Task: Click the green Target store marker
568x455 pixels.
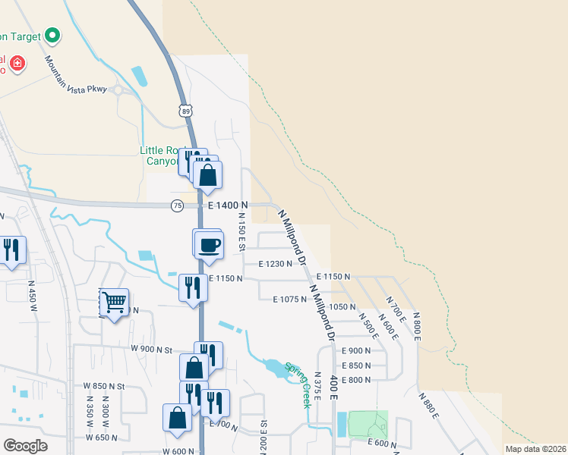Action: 52,35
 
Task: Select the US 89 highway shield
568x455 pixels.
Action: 186,111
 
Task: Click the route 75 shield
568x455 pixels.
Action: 177,206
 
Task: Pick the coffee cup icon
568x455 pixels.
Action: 209,245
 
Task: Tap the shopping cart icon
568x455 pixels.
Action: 115,303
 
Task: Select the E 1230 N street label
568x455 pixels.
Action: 275,264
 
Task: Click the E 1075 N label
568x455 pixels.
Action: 290,300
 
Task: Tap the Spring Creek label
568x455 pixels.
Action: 298,385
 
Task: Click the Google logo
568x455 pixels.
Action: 26,445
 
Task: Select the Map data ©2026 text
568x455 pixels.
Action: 535,449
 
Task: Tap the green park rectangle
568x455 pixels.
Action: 368,425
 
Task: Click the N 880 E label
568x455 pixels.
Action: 429,406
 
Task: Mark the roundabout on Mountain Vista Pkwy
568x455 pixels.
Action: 118,90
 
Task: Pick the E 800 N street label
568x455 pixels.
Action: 356,379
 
